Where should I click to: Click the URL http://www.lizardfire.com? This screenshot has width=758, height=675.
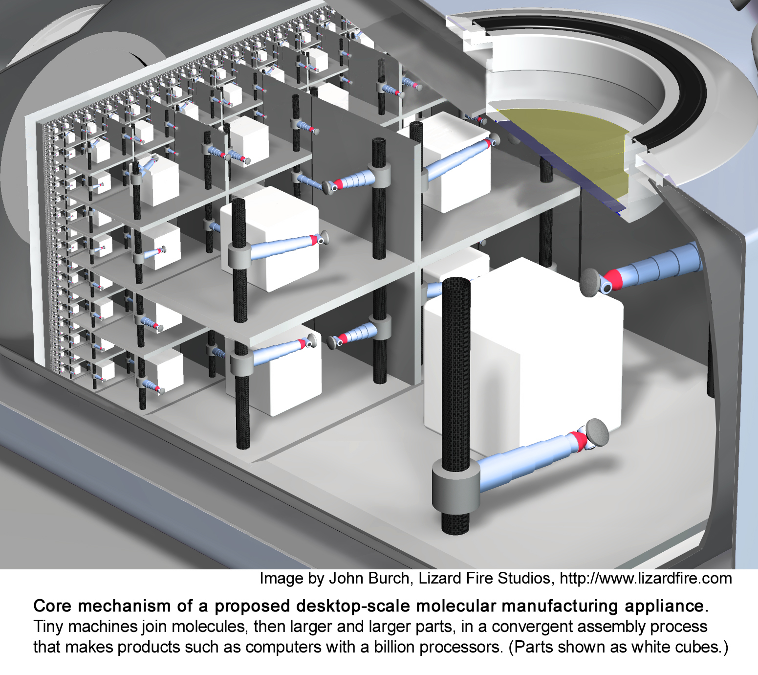(x=646, y=579)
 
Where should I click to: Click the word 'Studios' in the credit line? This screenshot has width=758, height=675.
(x=523, y=579)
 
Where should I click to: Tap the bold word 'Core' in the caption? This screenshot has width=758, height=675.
(x=53, y=607)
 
